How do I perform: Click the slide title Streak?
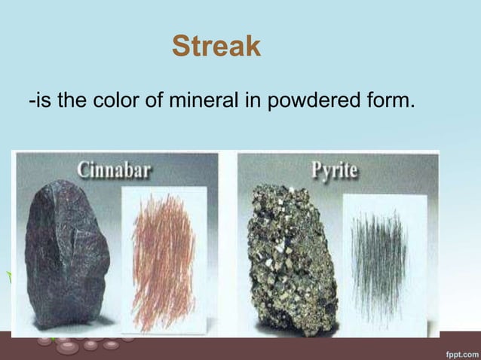[216, 47]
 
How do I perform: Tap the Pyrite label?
[335, 169]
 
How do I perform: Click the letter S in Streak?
[179, 47]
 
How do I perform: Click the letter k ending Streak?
[253, 47]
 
